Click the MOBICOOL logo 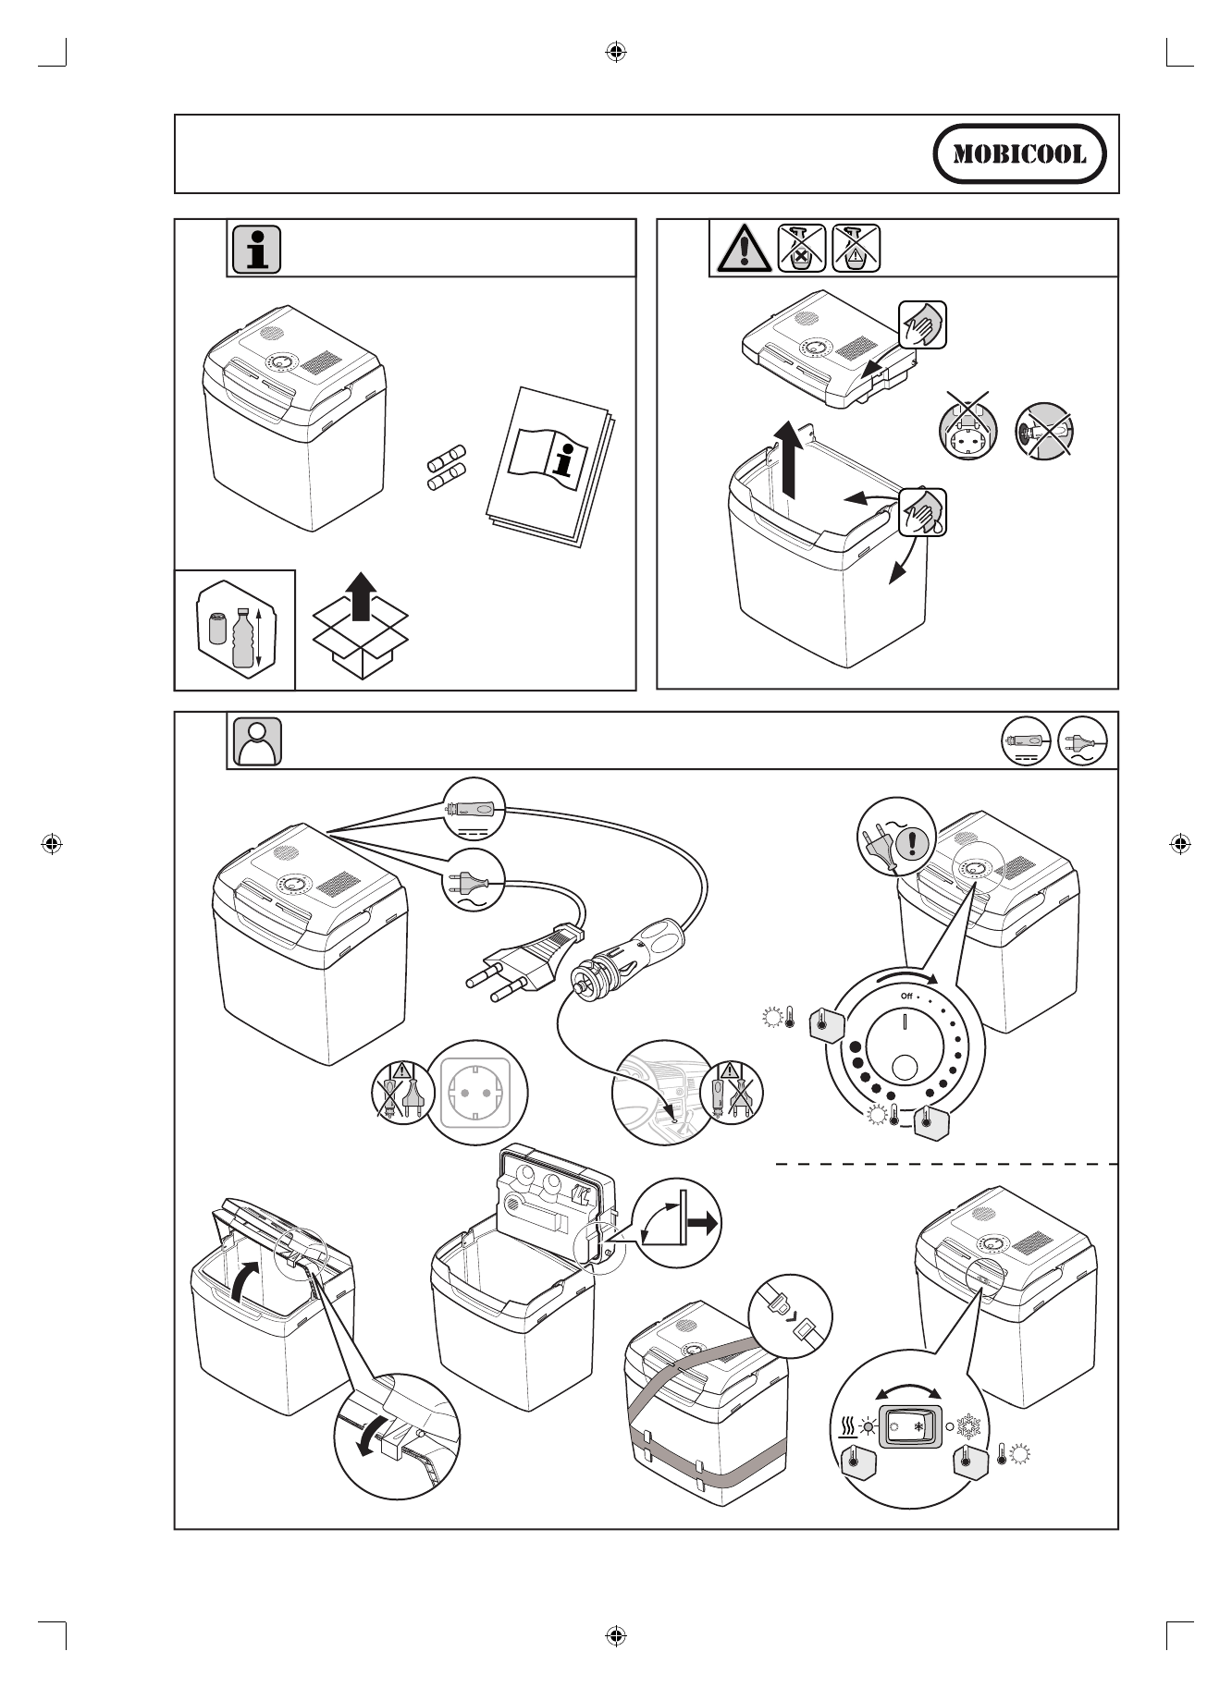coord(1019,153)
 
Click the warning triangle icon coord(742,248)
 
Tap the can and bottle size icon coord(234,631)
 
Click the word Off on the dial coord(906,996)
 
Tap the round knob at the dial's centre coord(904,1067)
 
